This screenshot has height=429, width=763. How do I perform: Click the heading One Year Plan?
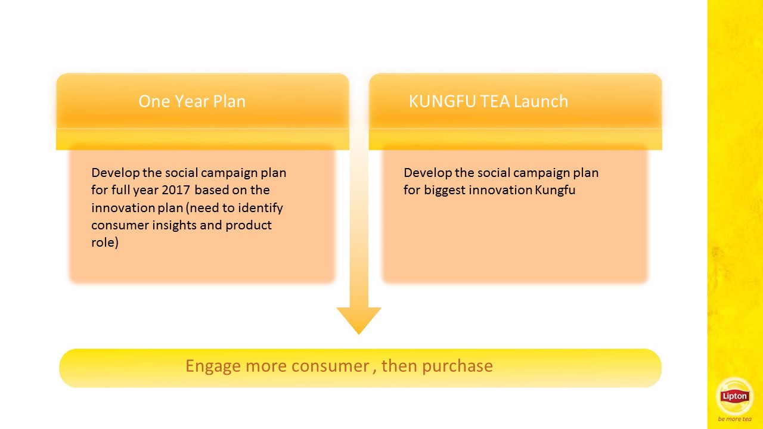click(x=192, y=101)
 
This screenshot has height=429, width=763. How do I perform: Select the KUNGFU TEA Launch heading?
click(x=488, y=101)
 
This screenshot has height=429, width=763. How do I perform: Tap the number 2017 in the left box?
click(x=176, y=190)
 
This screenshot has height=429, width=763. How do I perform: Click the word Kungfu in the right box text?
click(x=555, y=190)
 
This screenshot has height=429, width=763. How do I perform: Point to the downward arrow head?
click(x=359, y=320)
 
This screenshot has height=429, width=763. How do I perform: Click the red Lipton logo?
click(x=734, y=396)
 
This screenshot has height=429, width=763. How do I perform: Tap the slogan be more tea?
click(x=734, y=419)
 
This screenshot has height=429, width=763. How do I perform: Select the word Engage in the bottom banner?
click(x=213, y=366)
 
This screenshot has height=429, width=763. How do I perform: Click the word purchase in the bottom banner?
click(x=457, y=366)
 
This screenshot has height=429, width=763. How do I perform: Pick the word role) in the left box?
click(x=105, y=243)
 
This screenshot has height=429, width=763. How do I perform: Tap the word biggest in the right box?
click(x=445, y=190)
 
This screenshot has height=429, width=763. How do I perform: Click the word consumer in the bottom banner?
click(x=330, y=366)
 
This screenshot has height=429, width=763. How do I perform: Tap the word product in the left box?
click(x=249, y=225)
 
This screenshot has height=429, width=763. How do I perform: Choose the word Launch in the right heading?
click(x=541, y=101)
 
